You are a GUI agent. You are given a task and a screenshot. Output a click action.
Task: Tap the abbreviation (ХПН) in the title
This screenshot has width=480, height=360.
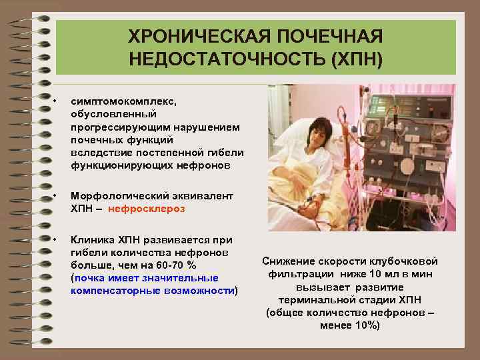pos(353,60)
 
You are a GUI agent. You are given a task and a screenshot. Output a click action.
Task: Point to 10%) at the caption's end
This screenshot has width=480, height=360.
pos(365,325)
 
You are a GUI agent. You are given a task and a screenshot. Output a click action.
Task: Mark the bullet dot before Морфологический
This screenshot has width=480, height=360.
pos(60,196)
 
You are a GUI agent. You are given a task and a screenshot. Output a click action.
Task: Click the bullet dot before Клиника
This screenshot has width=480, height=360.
pos(60,239)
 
